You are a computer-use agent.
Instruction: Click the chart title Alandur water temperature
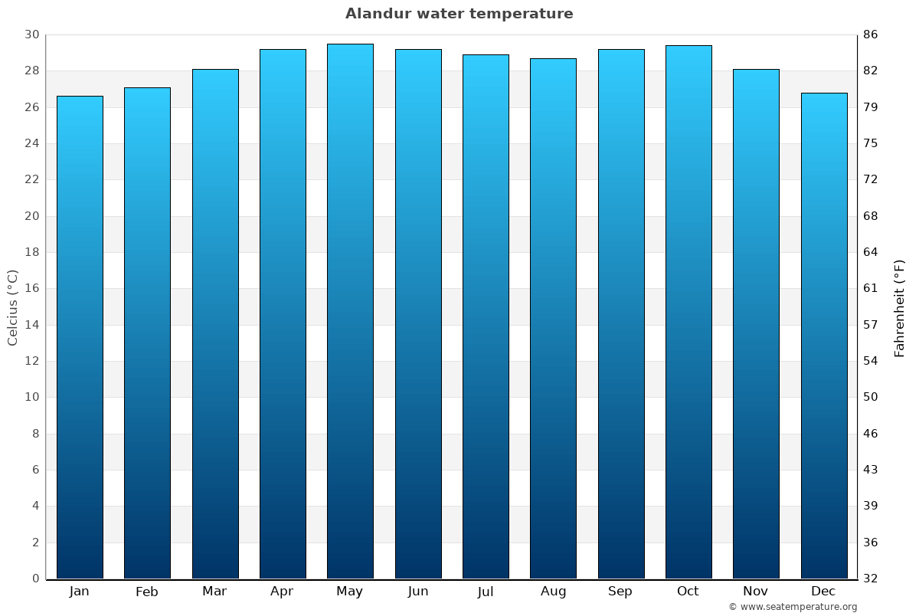tap(459, 14)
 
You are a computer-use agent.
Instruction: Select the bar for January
tap(80, 337)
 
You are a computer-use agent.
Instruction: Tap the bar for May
tap(350, 311)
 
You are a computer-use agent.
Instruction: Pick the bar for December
tap(824, 336)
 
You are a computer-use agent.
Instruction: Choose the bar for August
tap(553, 318)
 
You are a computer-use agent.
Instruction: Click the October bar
tap(688, 312)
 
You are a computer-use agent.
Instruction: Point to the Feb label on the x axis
tap(146, 592)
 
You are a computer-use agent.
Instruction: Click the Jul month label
tap(485, 592)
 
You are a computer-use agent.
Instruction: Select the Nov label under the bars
tap(756, 592)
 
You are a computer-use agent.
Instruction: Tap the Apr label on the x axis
tap(282, 592)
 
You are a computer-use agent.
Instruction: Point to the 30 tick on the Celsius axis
tap(31, 34)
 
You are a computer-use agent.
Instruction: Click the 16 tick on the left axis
tap(31, 288)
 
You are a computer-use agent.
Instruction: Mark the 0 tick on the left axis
tap(35, 579)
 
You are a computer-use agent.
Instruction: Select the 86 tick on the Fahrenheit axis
tap(871, 34)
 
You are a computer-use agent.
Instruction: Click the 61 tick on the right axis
tap(871, 288)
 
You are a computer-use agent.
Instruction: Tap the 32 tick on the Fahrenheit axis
tap(871, 579)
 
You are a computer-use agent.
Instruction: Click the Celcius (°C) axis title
tap(13, 306)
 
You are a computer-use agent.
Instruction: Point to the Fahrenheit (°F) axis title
tap(900, 307)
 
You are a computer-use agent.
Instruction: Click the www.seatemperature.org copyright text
tap(793, 607)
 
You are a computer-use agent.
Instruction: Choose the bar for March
tap(215, 323)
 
